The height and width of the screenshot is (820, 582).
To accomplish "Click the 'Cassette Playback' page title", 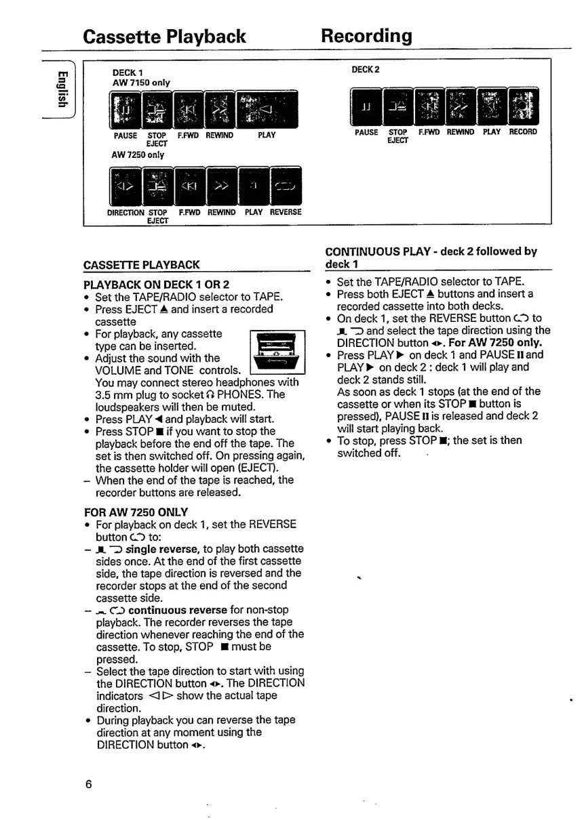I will coord(164,36).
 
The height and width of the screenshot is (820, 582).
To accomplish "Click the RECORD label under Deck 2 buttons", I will coord(523,132).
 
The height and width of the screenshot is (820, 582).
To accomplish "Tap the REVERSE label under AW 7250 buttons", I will coord(286,212).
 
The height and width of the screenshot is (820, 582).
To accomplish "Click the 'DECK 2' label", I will coord(366,70).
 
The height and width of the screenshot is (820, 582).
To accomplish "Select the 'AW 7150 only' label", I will coord(141,83).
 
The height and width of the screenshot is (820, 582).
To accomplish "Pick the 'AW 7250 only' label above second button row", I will coord(142,155).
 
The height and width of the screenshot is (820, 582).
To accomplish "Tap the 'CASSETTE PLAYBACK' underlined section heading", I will coord(141,264).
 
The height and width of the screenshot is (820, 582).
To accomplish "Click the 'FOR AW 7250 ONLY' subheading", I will coord(136,512).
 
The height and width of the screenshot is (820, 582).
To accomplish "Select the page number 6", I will coord(88,785).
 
